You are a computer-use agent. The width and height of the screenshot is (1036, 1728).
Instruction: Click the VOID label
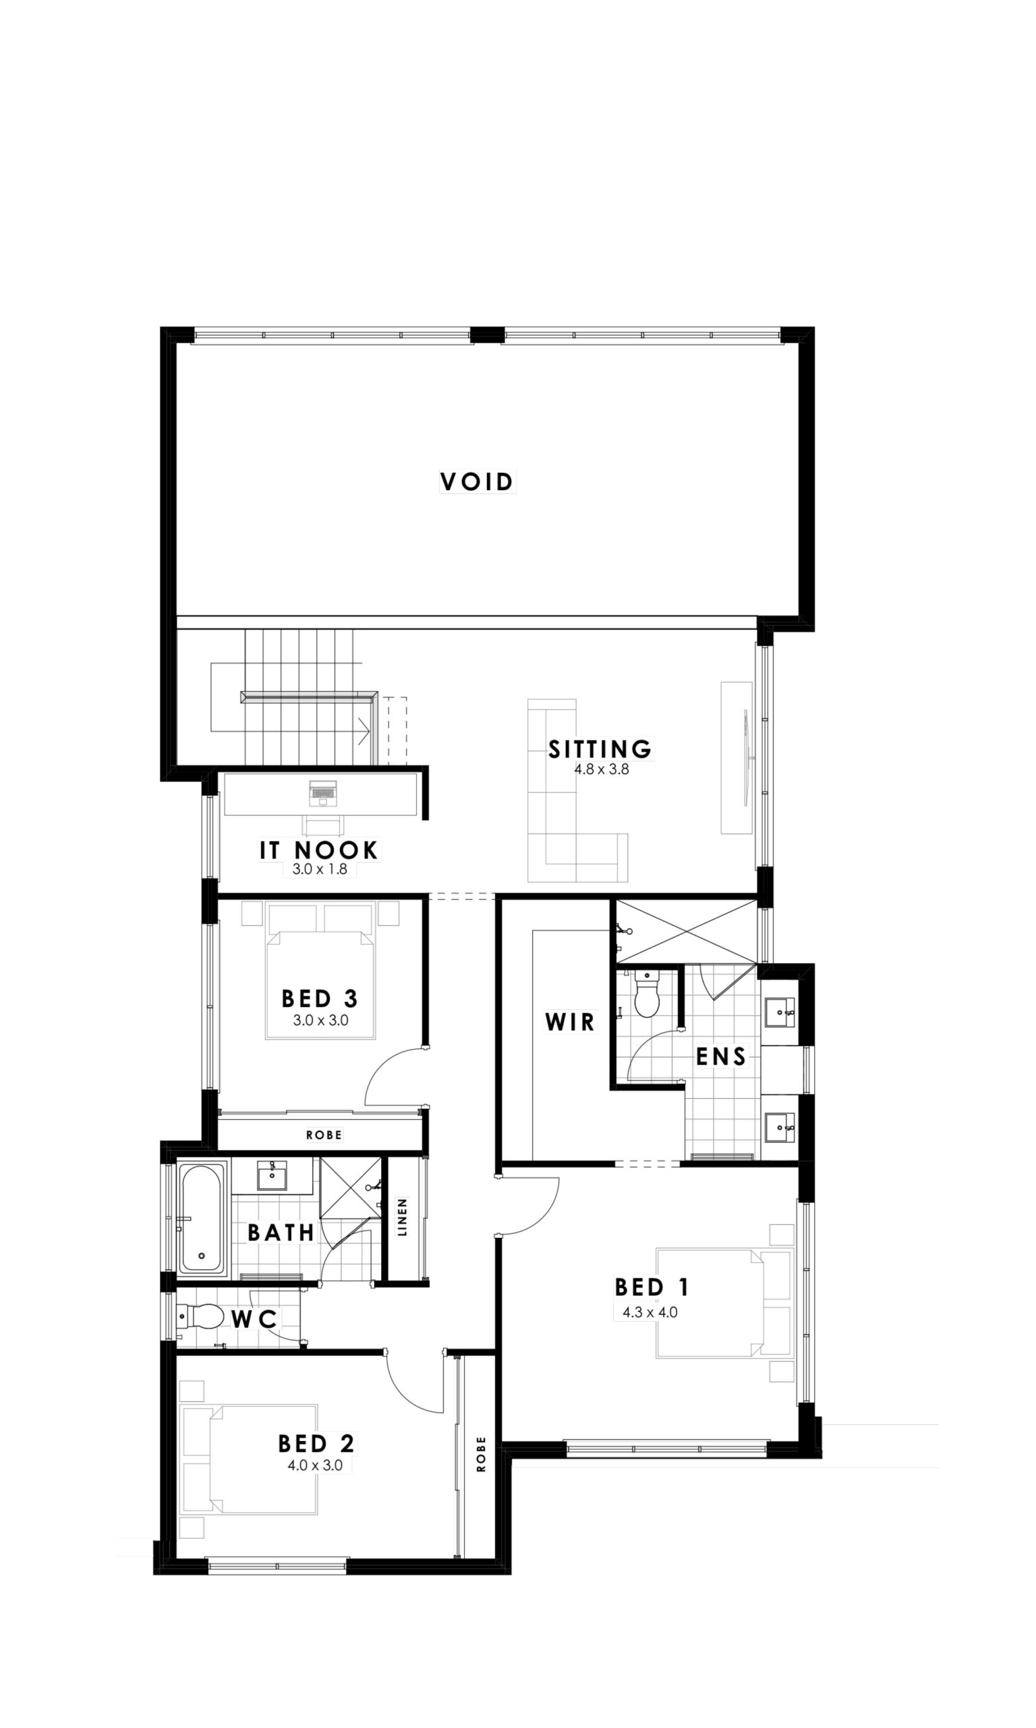pos(477,481)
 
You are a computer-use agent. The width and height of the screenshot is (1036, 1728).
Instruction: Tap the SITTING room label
pos(600,749)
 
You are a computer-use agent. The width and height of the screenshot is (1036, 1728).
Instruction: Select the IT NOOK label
pos(319,850)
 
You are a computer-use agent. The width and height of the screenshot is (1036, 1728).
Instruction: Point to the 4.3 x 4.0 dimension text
pos(650,1312)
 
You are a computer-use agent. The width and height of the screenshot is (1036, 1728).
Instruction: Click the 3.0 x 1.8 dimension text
pos(320,869)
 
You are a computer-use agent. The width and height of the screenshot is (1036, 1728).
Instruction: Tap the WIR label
pos(570,1022)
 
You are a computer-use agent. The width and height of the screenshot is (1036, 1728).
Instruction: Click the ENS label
pos(721,1056)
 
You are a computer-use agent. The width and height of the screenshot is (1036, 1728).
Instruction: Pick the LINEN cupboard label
pos(402,1218)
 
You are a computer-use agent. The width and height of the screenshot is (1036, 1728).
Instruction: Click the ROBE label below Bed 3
pos(324,1135)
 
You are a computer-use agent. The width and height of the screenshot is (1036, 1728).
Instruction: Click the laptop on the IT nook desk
pos(322,792)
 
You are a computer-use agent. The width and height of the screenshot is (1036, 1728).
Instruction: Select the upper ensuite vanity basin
pos(780,1012)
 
